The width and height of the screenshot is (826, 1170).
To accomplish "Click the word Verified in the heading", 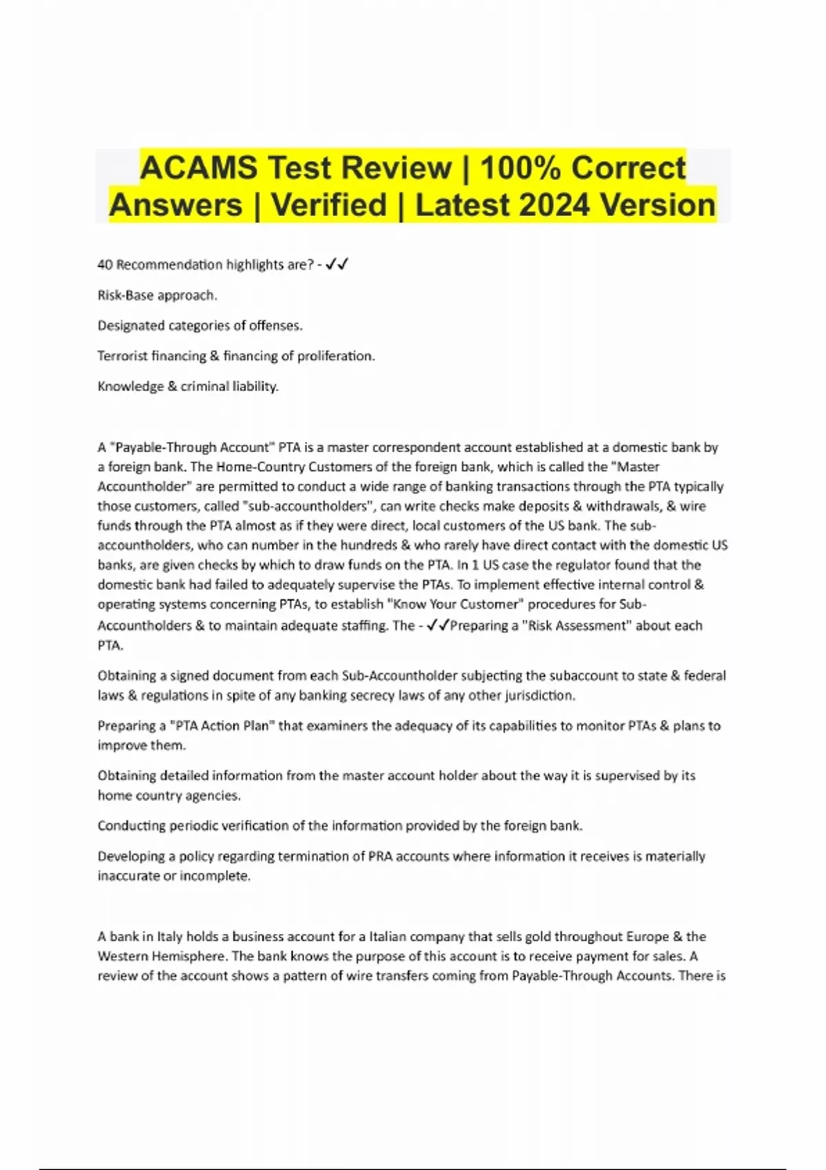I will pos(329,205).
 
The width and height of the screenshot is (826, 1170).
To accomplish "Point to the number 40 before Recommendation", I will pos(105,265).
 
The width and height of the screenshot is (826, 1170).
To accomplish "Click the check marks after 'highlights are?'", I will pos(337,265).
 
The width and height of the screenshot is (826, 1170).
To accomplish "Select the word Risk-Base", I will pos(125,295).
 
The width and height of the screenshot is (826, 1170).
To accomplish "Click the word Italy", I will pos(170,937).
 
